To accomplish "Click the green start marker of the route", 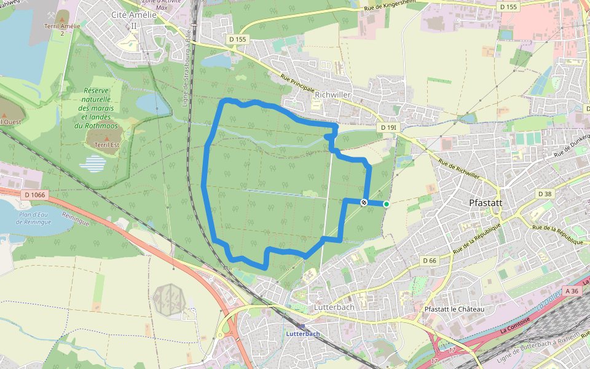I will point(387,204).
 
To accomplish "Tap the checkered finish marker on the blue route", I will point(364,202).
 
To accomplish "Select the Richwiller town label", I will point(332,95).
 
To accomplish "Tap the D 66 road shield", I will point(430,261).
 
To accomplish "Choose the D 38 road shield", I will point(545,194).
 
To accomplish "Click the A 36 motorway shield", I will point(572,290).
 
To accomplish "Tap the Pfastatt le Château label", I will point(455,309).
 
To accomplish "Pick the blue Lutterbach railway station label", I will point(303,334).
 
